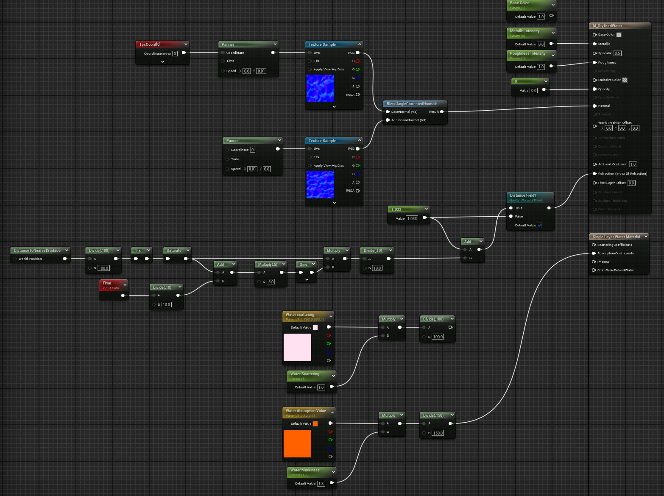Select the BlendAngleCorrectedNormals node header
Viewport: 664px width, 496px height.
pos(412,104)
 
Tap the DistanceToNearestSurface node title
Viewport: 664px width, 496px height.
pos(37,251)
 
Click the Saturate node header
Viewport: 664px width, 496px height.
pos(174,251)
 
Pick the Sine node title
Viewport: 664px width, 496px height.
pos(304,265)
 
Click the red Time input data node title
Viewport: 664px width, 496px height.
pos(107,283)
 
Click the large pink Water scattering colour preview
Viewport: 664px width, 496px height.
pos(297,347)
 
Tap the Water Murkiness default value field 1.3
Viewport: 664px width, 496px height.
pos(321,484)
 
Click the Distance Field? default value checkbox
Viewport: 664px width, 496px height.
pos(539,226)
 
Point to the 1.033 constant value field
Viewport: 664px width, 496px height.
pos(412,219)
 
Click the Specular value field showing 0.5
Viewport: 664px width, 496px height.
pos(617,53)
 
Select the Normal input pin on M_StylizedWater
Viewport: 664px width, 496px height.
pos(594,106)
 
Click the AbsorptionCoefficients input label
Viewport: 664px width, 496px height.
pos(615,254)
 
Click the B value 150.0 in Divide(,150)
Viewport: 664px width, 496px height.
pos(438,433)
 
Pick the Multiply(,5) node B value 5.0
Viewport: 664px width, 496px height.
pos(271,282)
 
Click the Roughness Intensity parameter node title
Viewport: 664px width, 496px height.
pos(527,53)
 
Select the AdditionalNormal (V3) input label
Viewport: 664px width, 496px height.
pos(408,120)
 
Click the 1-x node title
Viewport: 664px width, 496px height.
pos(138,251)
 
